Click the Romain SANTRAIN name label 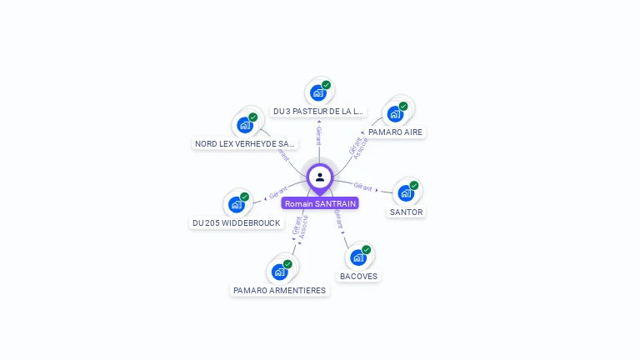pyautogui.click(x=320, y=203)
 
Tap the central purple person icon pyautogui.click(x=320, y=177)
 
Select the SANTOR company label pyautogui.click(x=407, y=212)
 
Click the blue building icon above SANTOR pyautogui.click(x=406, y=193)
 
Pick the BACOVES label pyautogui.click(x=358, y=276)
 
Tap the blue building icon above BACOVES pyautogui.click(x=358, y=257)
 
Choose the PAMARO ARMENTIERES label pyautogui.click(x=279, y=290)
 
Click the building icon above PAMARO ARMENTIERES pyautogui.click(x=280, y=272)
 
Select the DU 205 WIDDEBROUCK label pyautogui.click(x=237, y=222)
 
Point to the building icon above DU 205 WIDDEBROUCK pyautogui.click(x=237, y=204)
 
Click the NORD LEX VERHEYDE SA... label pyautogui.click(x=245, y=143)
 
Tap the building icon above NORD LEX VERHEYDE pyautogui.click(x=245, y=125)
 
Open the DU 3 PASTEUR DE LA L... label pyautogui.click(x=318, y=111)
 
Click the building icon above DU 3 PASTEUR pyautogui.click(x=318, y=92)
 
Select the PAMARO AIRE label pyautogui.click(x=396, y=132)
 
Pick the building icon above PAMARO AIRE pyautogui.click(x=395, y=113)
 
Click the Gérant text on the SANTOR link pyautogui.click(x=362, y=186)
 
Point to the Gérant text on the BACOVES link pyautogui.click(x=338, y=219)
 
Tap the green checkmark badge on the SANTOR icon pyautogui.click(x=414, y=186)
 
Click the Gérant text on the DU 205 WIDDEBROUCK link pyautogui.click(x=278, y=192)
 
